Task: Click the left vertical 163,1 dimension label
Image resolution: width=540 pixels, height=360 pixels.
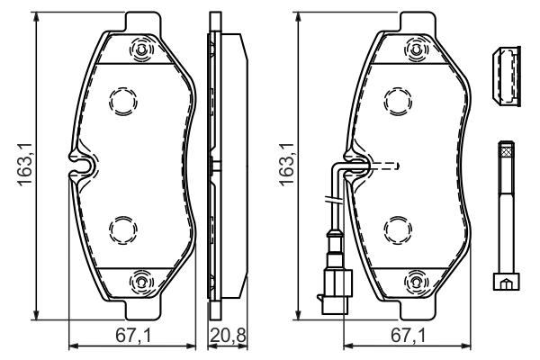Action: point(24,167)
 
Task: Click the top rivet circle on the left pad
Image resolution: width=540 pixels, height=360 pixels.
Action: point(141,50)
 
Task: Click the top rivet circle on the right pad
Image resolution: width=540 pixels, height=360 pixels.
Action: point(417,50)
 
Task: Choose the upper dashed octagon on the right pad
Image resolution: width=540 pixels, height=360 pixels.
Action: point(397,101)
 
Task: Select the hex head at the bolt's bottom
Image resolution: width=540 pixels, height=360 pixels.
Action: point(506,283)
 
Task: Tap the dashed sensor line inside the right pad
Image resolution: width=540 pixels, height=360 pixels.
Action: point(382,166)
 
